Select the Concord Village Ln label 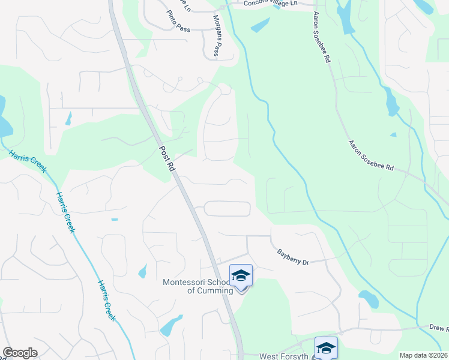(x=270, y=4)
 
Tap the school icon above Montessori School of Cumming (x=241, y=276)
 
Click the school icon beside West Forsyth (x=326, y=348)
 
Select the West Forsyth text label (x=283, y=356)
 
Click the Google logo (x=20, y=353)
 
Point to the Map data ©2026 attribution (x=423, y=355)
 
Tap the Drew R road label (x=439, y=329)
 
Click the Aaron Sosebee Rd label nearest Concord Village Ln (x=322, y=37)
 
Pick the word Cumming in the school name (x=209, y=291)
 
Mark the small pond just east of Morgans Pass (x=260, y=25)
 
